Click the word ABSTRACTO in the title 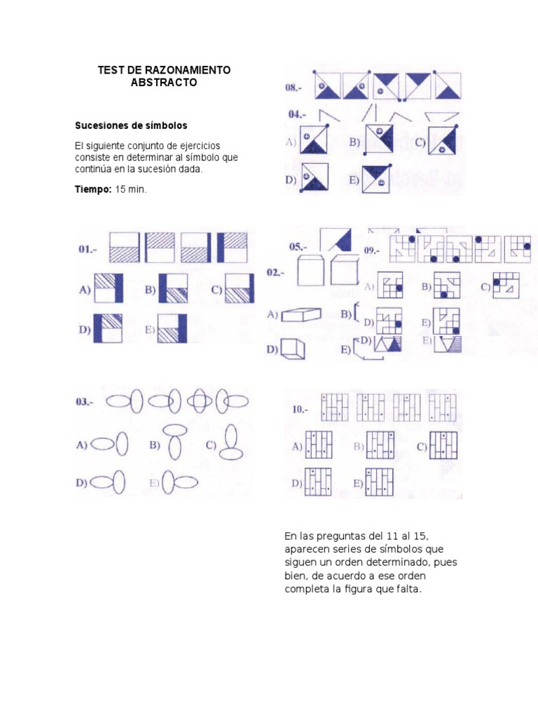(x=164, y=83)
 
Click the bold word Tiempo (x=92, y=190)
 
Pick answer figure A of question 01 (x=109, y=288)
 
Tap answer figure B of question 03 (x=175, y=443)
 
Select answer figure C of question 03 (x=232, y=444)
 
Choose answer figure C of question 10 (x=444, y=446)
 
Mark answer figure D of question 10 (x=318, y=482)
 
